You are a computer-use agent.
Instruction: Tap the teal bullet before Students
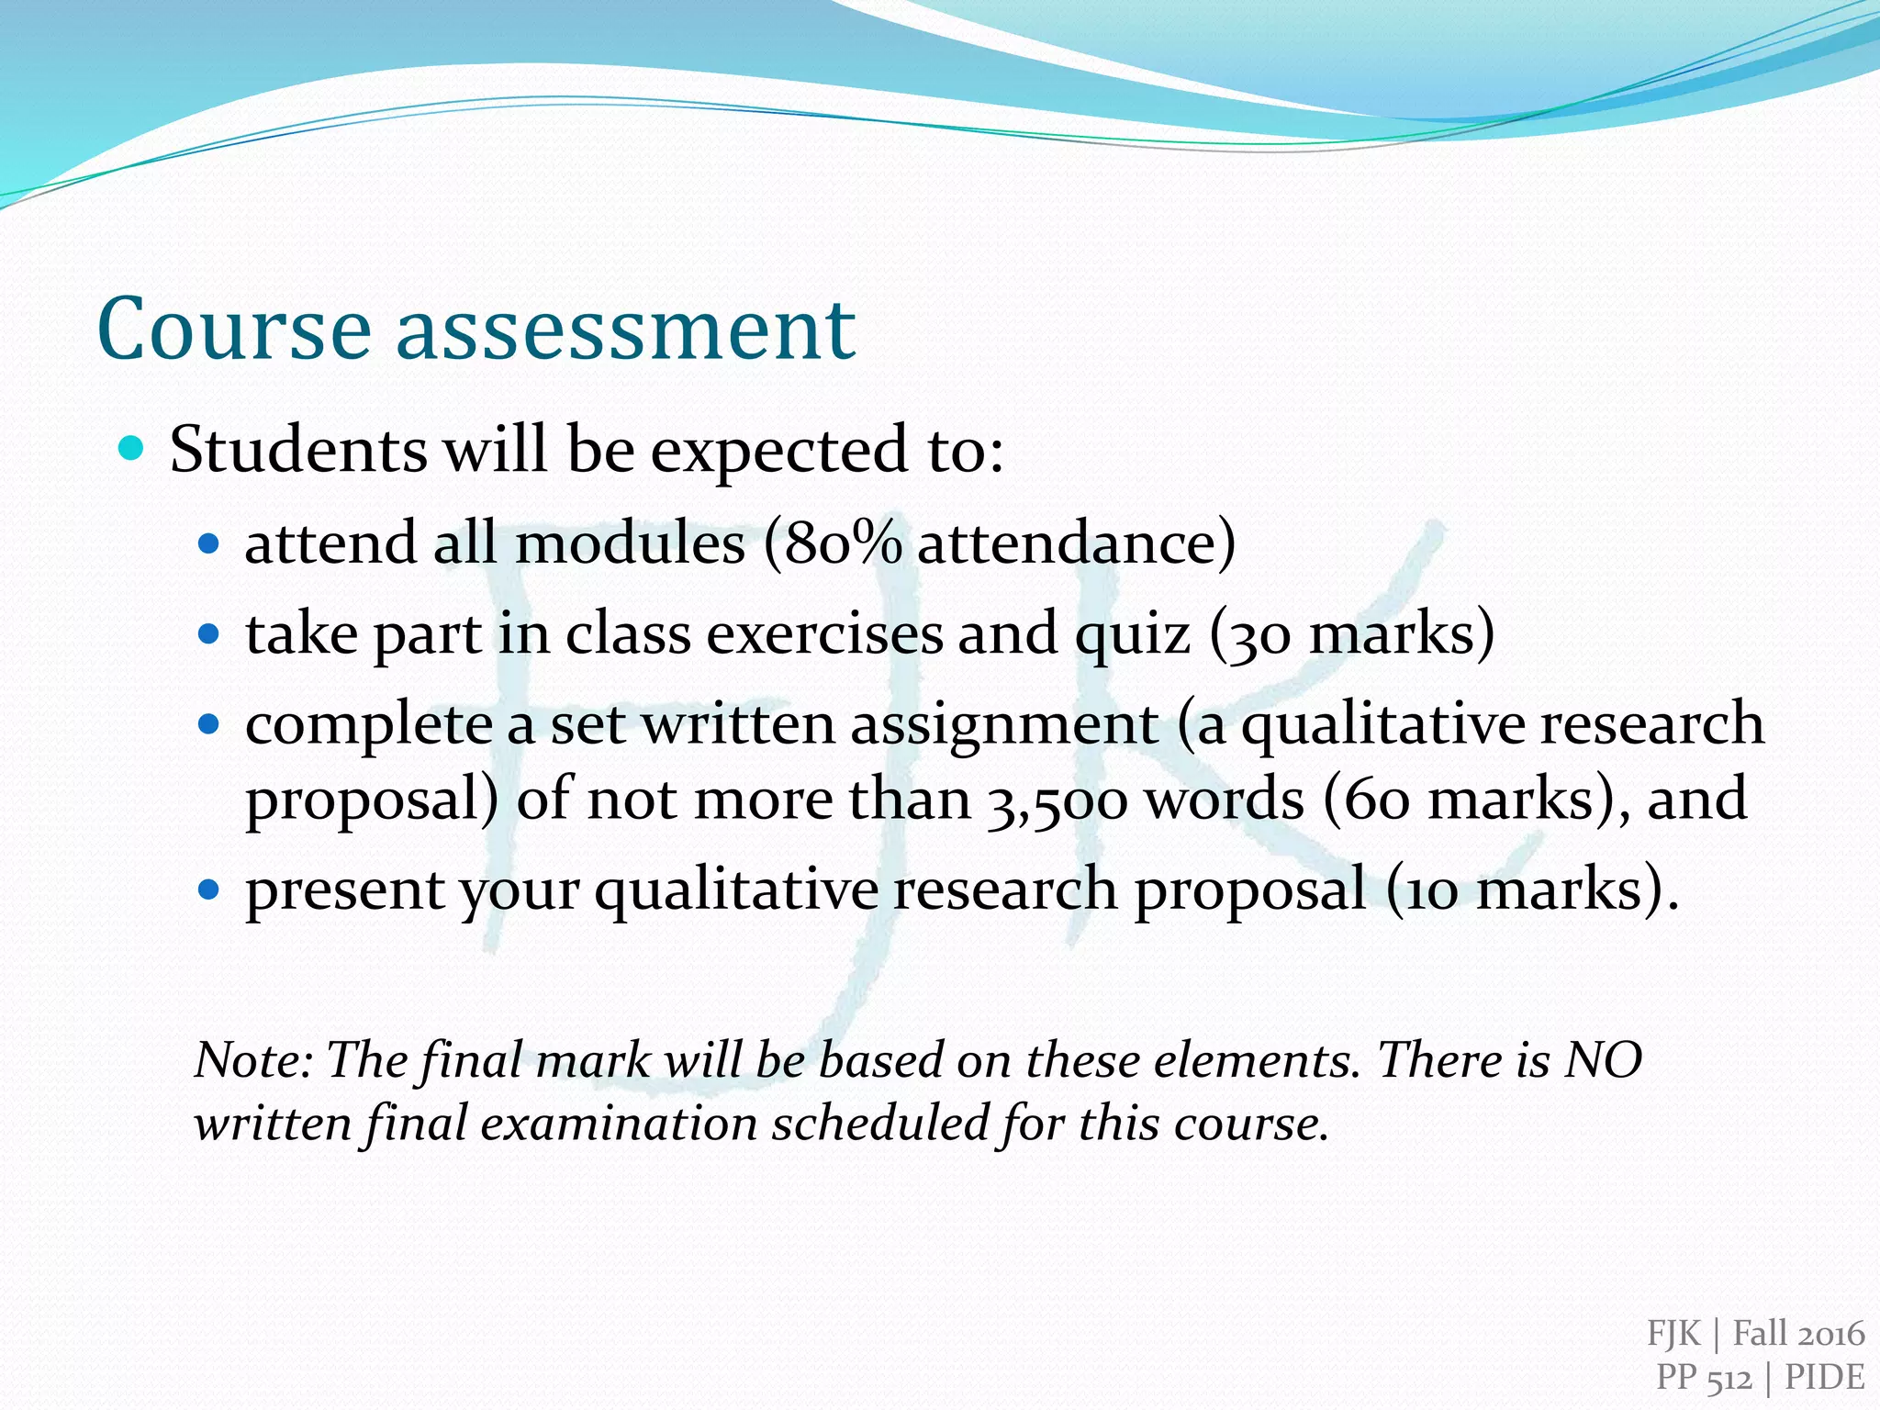(x=132, y=449)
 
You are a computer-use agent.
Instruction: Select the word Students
(x=298, y=450)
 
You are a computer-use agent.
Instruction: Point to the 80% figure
(x=837, y=543)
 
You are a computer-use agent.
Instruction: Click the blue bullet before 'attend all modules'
(x=210, y=544)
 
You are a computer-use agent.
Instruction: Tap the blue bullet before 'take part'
(x=210, y=634)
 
